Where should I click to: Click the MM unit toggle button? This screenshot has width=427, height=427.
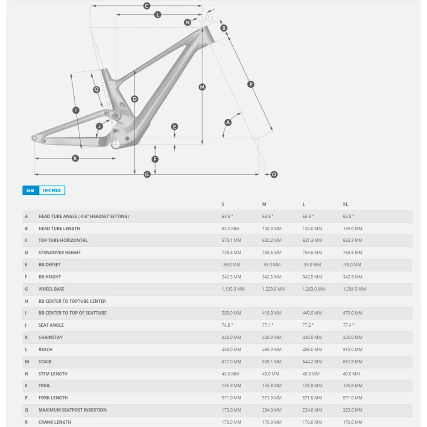pyautogui.click(x=30, y=190)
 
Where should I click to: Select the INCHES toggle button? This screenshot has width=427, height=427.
pyautogui.click(x=52, y=190)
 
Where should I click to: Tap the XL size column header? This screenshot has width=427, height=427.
pyautogui.click(x=345, y=205)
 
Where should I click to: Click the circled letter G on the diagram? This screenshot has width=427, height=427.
pyautogui.click(x=147, y=174)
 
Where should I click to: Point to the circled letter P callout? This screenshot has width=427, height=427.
pyautogui.click(x=251, y=85)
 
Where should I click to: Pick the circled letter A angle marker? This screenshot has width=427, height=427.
pyautogui.click(x=228, y=123)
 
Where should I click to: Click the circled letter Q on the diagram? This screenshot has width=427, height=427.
pyautogui.click(x=97, y=90)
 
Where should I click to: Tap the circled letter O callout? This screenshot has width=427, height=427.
pyautogui.click(x=274, y=174)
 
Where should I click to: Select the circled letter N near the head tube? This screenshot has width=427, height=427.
pyautogui.click(x=187, y=22)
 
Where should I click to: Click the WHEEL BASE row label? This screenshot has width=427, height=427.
pyautogui.click(x=51, y=289)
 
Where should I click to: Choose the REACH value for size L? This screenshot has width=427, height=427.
pyautogui.click(x=312, y=350)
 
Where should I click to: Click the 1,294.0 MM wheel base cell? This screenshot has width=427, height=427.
pyautogui.click(x=354, y=289)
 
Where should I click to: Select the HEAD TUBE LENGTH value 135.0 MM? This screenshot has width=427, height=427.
pyautogui.click(x=352, y=228)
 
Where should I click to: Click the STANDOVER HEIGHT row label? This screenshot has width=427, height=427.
pyautogui.click(x=59, y=252)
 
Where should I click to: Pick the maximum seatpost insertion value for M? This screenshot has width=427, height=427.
pyautogui.click(x=272, y=410)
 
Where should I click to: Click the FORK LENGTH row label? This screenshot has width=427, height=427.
pyautogui.click(x=53, y=398)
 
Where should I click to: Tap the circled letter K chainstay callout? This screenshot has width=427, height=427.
pyautogui.click(x=75, y=158)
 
